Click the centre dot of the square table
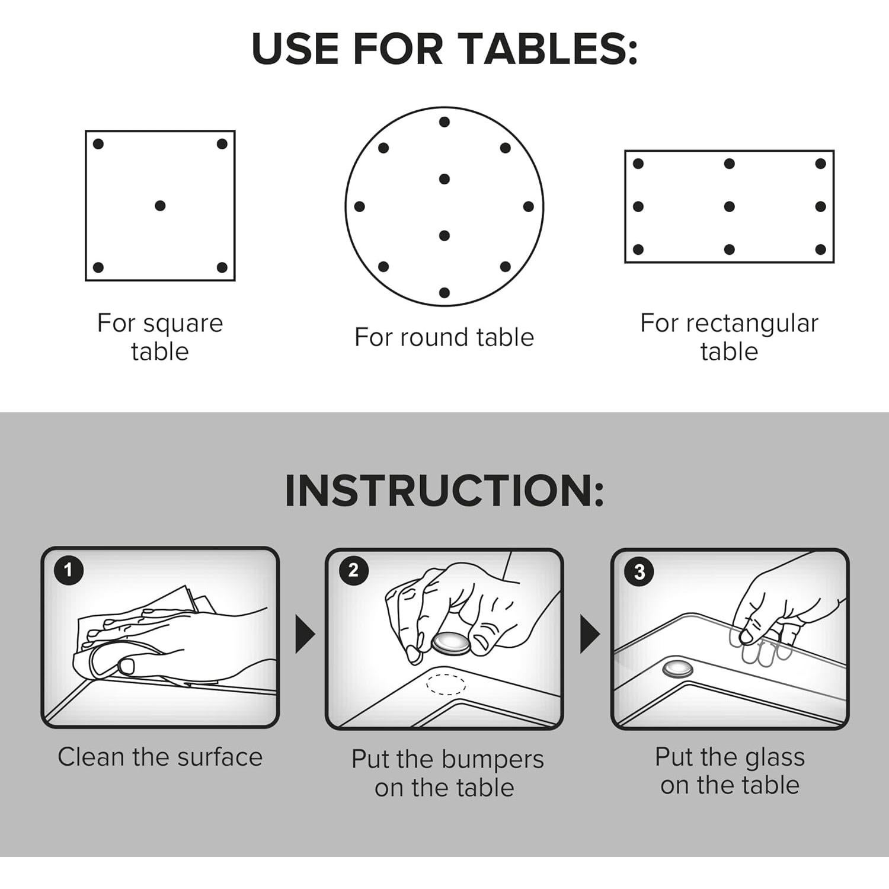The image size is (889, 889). coord(160,206)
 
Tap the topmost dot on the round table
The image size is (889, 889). coord(444,122)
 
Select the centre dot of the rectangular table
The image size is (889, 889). coord(730,206)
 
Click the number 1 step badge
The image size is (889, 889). coord(68,570)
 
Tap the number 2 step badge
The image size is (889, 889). coord(354,571)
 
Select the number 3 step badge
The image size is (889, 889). coord(639,572)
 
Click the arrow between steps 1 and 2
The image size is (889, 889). coord(305,634)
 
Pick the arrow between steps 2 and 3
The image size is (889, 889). coord(590,634)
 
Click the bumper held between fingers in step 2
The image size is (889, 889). coord(451,643)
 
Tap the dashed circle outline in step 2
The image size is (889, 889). coord(446,683)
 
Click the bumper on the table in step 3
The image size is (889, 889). coord(678,668)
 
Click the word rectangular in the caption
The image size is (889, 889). coord(752,324)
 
